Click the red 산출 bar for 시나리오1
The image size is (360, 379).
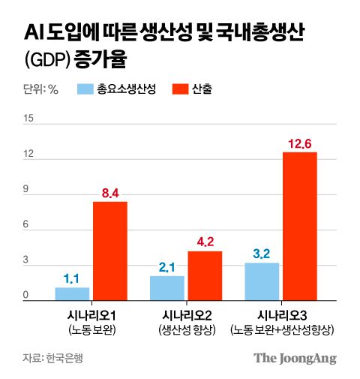pyautogui.click(x=109, y=251)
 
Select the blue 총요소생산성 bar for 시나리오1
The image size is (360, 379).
pyautogui.click(x=72, y=293)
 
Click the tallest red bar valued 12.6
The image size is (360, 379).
pyautogui.click(x=300, y=226)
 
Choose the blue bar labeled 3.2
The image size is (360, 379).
pyautogui.click(x=262, y=281)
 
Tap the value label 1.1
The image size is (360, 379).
pyautogui.click(x=72, y=279)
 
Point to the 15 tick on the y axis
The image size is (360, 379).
pyautogui.click(x=29, y=119)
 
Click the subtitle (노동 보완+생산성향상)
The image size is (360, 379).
pyautogui.click(x=282, y=330)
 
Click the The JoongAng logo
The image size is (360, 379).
pyautogui.click(x=295, y=358)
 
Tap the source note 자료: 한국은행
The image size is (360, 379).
pyautogui.click(x=52, y=358)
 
